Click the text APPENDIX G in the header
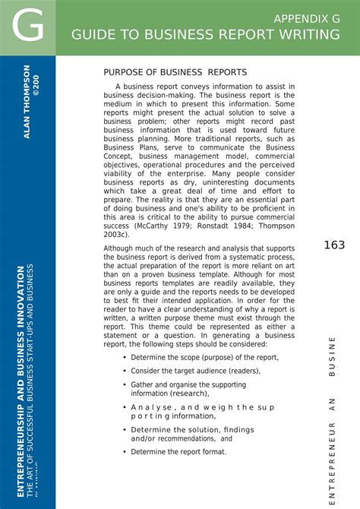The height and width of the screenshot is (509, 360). point(307,18)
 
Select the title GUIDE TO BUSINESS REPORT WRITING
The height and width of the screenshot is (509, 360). point(206,35)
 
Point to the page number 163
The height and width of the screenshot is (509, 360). point(334,245)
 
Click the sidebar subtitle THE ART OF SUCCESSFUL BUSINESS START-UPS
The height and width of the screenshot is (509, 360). point(30,380)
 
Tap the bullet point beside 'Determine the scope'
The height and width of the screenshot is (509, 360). point(125,358)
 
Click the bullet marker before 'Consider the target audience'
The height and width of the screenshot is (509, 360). point(125,371)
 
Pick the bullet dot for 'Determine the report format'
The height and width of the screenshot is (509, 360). point(125,452)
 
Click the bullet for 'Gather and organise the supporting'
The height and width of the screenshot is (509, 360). point(125,385)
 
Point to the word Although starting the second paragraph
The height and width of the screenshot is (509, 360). point(122,248)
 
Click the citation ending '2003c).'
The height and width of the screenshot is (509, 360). point(116,235)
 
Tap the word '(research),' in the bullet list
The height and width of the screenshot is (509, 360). point(188,394)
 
